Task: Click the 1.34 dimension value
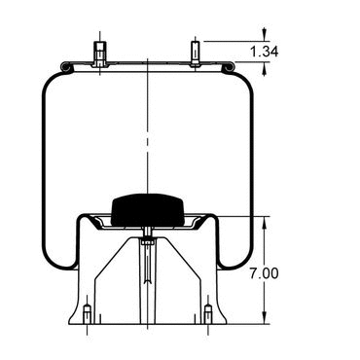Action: click(264, 52)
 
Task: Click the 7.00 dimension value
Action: click(264, 273)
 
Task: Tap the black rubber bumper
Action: click(148, 209)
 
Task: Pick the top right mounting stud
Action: click(196, 52)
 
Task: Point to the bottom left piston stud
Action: click(88, 313)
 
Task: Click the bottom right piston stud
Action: click(208, 313)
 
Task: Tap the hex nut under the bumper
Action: click(148, 241)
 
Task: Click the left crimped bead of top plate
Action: click(66, 67)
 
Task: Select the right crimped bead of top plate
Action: click(229, 67)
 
